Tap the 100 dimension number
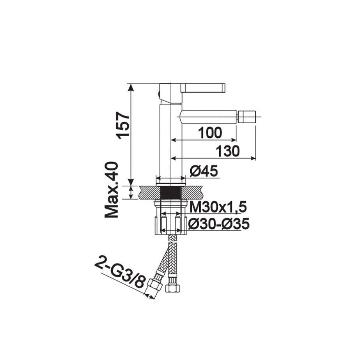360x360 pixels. coord(210,133)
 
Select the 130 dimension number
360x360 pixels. coord(227,151)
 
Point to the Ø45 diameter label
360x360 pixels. coord(204,171)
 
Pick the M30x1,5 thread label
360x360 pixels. coord(218,207)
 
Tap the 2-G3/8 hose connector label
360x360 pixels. coord(120,274)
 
